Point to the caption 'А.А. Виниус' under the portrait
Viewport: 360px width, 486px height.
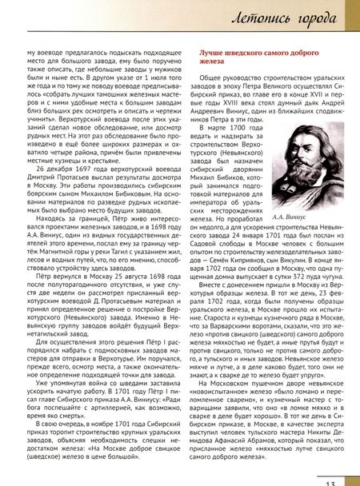(309, 237)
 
